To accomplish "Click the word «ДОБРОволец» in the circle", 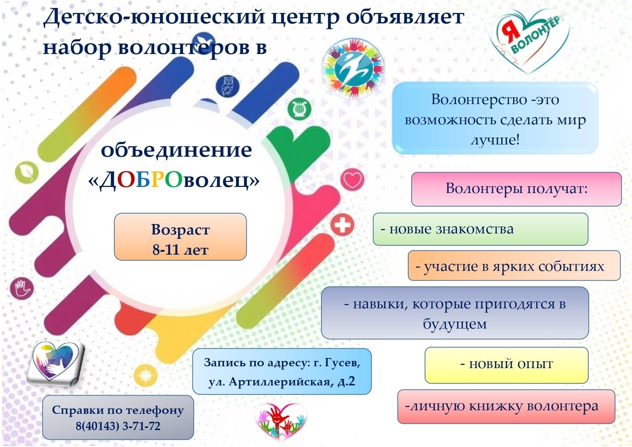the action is (174, 180).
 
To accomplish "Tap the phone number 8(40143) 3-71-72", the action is (118, 426).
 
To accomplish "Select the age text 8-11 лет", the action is (180, 250).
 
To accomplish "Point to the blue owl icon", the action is (227, 86).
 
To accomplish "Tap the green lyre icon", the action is (299, 109).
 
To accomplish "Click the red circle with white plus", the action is (342, 225).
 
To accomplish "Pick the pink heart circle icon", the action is (352, 179).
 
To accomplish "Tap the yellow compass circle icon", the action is (146, 375).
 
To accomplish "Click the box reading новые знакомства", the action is (480, 229).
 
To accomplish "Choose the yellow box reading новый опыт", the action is (506, 365).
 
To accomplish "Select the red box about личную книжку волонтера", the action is (506, 406).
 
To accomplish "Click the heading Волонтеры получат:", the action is (516, 188).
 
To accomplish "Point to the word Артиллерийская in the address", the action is (280, 381).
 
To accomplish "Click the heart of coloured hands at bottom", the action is (281, 420).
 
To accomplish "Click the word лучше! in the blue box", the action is (495, 140).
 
